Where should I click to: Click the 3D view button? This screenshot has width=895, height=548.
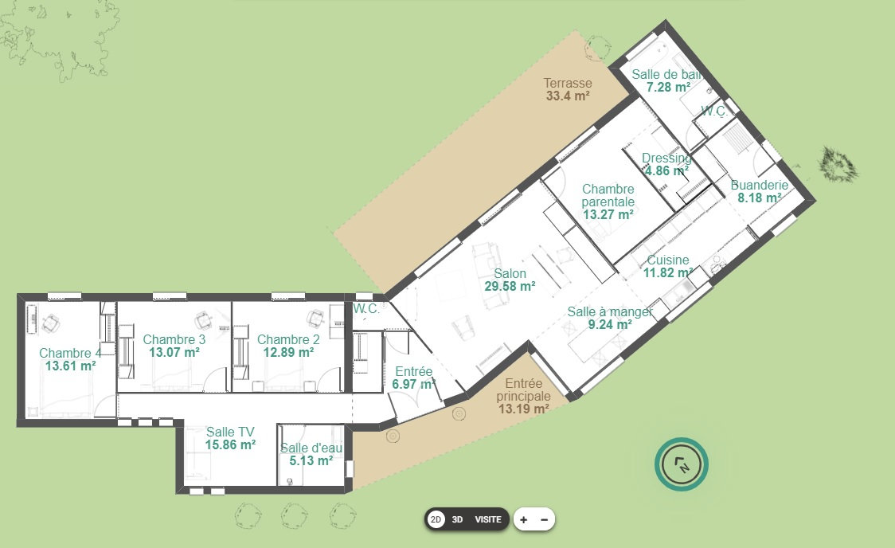tap(457, 519)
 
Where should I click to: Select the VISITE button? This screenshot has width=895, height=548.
tap(488, 519)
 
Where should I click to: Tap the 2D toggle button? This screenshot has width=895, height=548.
tap(436, 519)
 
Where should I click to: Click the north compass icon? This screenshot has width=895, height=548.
tap(682, 464)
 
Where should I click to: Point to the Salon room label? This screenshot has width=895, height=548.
tap(510, 273)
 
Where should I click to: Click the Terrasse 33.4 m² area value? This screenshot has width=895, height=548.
tap(568, 96)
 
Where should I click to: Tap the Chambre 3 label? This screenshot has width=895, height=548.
tap(174, 339)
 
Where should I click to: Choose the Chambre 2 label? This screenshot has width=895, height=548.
tap(288, 339)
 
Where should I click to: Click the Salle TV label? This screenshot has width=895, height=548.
tap(230, 433)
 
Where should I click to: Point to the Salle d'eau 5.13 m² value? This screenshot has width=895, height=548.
tap(311, 460)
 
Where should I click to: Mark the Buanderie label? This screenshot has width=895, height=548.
tap(759, 185)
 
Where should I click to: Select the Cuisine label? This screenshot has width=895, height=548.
tap(668, 260)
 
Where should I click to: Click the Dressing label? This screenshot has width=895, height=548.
tap(666, 159)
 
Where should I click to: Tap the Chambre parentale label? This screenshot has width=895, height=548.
tap(608, 195)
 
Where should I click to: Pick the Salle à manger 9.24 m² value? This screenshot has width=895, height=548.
tap(610, 325)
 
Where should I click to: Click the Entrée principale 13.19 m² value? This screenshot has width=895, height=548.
tap(523, 409)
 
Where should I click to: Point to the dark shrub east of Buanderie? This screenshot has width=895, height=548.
tap(838, 164)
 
